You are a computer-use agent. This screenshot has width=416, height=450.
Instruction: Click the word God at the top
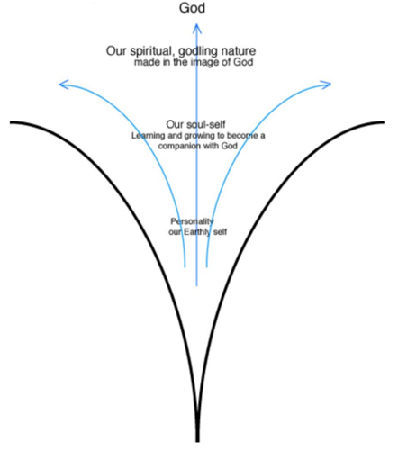pyautogui.click(x=192, y=8)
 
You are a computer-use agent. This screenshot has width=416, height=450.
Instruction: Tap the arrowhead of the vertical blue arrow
pyautogui.click(x=197, y=28)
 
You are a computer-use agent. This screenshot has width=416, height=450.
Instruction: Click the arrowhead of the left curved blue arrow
pyautogui.click(x=63, y=85)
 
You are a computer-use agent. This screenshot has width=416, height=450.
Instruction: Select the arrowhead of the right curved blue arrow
pyautogui.click(x=326, y=85)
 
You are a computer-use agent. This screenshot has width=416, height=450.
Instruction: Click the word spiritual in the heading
pyautogui.click(x=152, y=51)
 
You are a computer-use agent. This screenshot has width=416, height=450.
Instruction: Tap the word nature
pyautogui.click(x=239, y=51)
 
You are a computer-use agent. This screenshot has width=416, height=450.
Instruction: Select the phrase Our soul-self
pyautogui.click(x=195, y=124)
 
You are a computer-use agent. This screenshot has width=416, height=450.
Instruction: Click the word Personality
pyautogui.click(x=192, y=221)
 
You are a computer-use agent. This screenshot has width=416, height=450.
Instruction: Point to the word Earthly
pyautogui.click(x=197, y=232)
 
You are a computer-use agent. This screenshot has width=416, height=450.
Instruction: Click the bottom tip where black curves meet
pyautogui.click(x=197, y=441)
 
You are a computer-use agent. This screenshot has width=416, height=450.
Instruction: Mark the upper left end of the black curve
pyautogui.click(x=11, y=122)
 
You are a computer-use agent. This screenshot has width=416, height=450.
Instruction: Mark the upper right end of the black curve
pyautogui.click(x=384, y=122)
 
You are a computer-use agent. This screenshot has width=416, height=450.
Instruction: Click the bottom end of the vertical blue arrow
pyautogui.click(x=197, y=286)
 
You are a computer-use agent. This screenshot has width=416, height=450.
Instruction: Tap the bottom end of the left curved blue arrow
pyautogui.click(x=185, y=266)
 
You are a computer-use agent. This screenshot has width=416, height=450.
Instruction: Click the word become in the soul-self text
pyautogui.click(x=242, y=136)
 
